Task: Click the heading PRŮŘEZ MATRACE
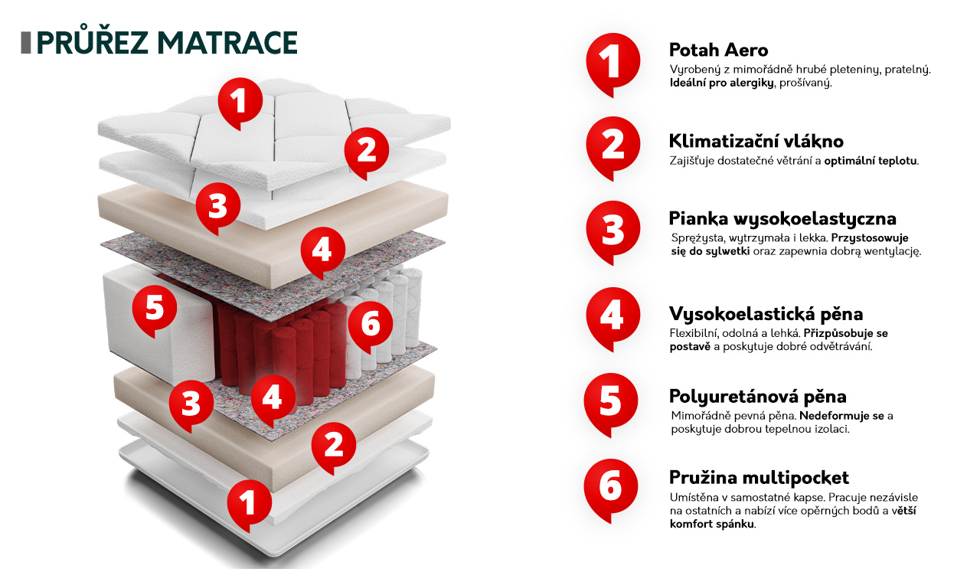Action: pos(167,43)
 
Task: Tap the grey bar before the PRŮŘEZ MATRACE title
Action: pos(26,43)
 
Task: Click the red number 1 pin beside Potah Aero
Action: pos(612,64)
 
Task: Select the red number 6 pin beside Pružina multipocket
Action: pos(610,490)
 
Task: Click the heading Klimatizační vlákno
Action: pos(756,142)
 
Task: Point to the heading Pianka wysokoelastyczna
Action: pos(782,219)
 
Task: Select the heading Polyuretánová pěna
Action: pos(758,397)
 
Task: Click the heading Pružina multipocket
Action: pos(759,478)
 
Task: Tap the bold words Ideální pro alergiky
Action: pos(721,83)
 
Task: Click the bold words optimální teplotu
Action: pos(871,161)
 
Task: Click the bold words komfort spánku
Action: pos(712,524)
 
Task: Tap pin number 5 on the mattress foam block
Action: pos(155,311)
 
